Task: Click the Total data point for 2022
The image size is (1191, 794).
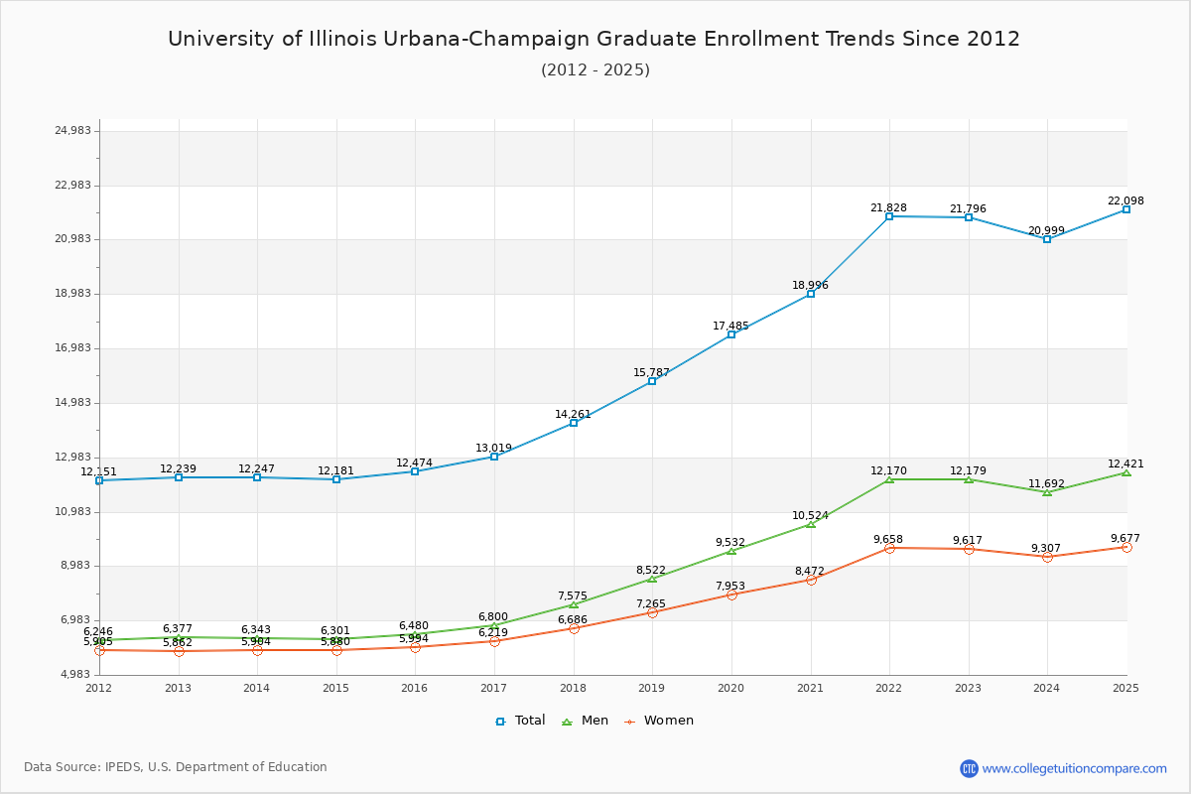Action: [x=889, y=216]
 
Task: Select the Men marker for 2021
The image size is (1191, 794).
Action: [x=811, y=524]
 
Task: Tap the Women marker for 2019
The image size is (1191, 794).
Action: [x=652, y=612]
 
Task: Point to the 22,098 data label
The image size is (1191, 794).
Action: [x=1125, y=200]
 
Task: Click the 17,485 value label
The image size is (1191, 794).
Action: [x=730, y=326]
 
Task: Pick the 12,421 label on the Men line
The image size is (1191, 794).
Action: [x=1125, y=463]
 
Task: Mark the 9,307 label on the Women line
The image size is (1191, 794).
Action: [x=1046, y=548]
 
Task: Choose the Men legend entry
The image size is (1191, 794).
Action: [x=586, y=721]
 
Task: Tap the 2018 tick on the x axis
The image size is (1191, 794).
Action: [x=573, y=688]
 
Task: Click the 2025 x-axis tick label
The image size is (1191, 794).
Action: [x=1125, y=688]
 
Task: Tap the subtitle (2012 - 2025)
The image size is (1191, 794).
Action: [x=595, y=69]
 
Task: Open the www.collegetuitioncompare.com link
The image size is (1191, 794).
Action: [x=1074, y=768]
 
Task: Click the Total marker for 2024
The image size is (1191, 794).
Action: [x=1047, y=239]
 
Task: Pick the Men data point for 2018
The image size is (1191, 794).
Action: [x=574, y=604]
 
